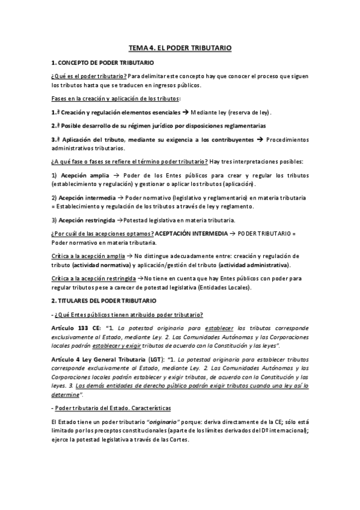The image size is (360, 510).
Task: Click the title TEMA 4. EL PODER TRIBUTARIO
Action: point(180,47)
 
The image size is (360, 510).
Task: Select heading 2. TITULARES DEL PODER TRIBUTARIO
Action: point(103,300)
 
